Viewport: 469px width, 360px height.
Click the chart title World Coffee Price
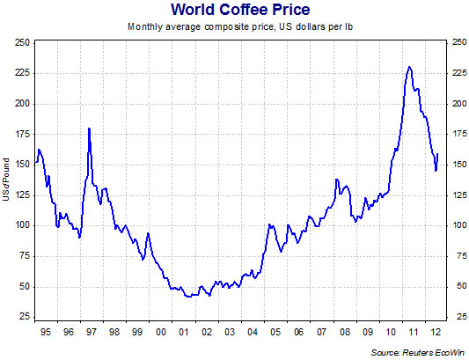(237, 11)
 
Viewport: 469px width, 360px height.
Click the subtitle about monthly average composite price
(236, 27)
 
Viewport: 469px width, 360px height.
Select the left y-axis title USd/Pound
(7, 180)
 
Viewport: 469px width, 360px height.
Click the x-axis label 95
(45, 334)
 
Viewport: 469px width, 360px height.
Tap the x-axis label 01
(183, 334)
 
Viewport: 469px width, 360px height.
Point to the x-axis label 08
(345, 334)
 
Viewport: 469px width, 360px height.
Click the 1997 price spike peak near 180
(90, 129)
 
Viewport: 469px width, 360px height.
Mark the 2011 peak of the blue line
(409, 67)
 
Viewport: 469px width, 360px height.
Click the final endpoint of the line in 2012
(438, 154)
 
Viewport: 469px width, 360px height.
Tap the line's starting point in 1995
(35, 163)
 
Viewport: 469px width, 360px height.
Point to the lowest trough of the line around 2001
(187, 298)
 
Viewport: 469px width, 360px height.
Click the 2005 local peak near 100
(270, 225)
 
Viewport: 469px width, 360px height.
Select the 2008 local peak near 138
(336, 180)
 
